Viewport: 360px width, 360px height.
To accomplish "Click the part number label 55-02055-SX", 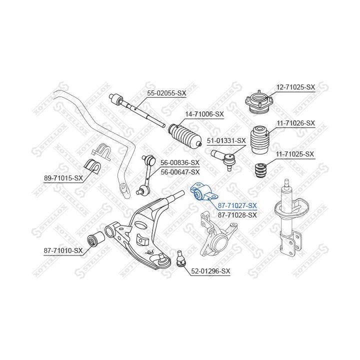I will click(x=166, y=93).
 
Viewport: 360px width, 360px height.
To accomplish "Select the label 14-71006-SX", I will click(x=204, y=114).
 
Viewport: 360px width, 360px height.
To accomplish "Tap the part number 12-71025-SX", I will click(x=295, y=87).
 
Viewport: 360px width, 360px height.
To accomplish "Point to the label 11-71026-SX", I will click(x=295, y=122).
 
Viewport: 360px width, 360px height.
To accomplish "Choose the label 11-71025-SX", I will click(x=295, y=154).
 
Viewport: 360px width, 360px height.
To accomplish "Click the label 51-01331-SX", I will click(x=227, y=141).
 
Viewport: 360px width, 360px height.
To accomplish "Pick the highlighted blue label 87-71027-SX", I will click(x=237, y=205).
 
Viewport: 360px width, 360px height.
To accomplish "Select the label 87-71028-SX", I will click(x=237, y=214).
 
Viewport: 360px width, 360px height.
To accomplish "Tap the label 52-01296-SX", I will click(x=210, y=271).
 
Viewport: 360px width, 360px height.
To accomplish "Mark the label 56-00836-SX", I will click(x=179, y=162).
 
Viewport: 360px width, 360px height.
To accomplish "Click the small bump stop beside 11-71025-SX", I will click(x=260, y=171).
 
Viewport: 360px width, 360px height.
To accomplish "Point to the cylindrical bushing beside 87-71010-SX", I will click(x=95, y=239).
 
